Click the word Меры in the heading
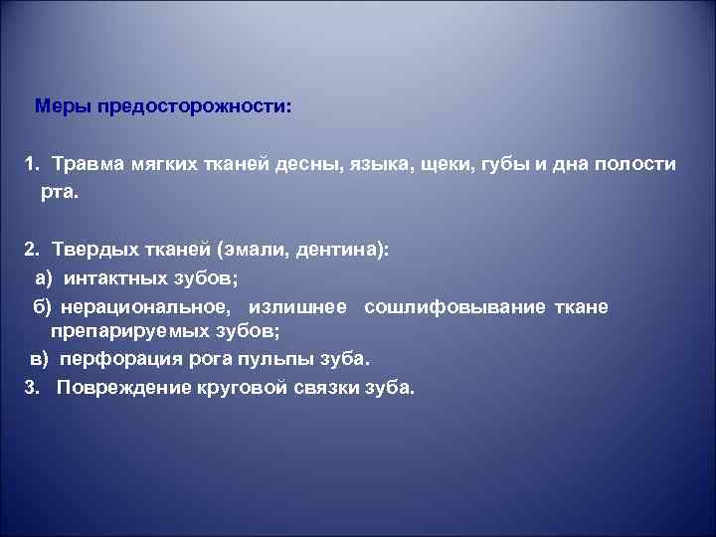click(60, 104)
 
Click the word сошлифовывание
click(454, 307)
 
